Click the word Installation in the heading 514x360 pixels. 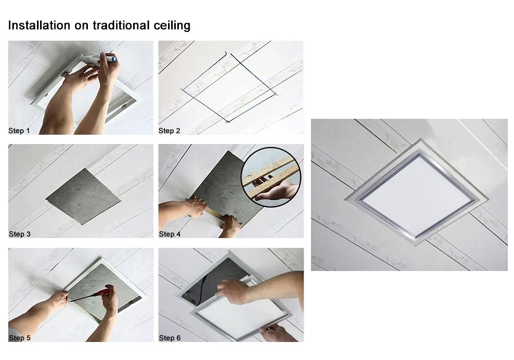pos(39,25)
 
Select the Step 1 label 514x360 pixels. pos(19,131)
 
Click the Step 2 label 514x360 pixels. pos(170,131)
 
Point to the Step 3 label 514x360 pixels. pos(20,234)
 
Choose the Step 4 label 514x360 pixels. pos(170,234)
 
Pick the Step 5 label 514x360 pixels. pos(20,338)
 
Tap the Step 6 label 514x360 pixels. pos(170,338)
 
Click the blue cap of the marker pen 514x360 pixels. pos(114,59)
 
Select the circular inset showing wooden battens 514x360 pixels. pos(271,177)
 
